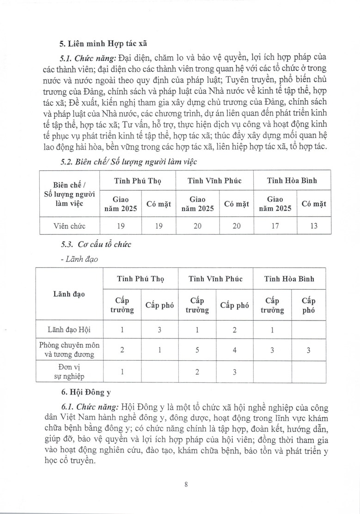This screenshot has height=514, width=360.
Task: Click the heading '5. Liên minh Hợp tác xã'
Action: [103, 44]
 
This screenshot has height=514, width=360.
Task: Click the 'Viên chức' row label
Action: [70, 226]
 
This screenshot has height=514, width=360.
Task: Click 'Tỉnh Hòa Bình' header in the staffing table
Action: [292, 181]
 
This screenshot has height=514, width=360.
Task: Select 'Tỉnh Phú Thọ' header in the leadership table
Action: [140, 279]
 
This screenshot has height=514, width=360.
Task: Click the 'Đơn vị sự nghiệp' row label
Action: [70, 372]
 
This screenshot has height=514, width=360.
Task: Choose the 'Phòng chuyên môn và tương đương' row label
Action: [70, 350]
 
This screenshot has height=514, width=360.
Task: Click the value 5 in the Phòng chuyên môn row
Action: [197, 350]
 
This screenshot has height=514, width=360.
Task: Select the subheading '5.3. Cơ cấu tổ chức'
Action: [96, 244]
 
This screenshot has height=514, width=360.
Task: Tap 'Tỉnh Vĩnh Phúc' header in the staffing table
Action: [214, 181]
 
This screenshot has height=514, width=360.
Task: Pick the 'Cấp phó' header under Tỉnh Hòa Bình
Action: [309, 305]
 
